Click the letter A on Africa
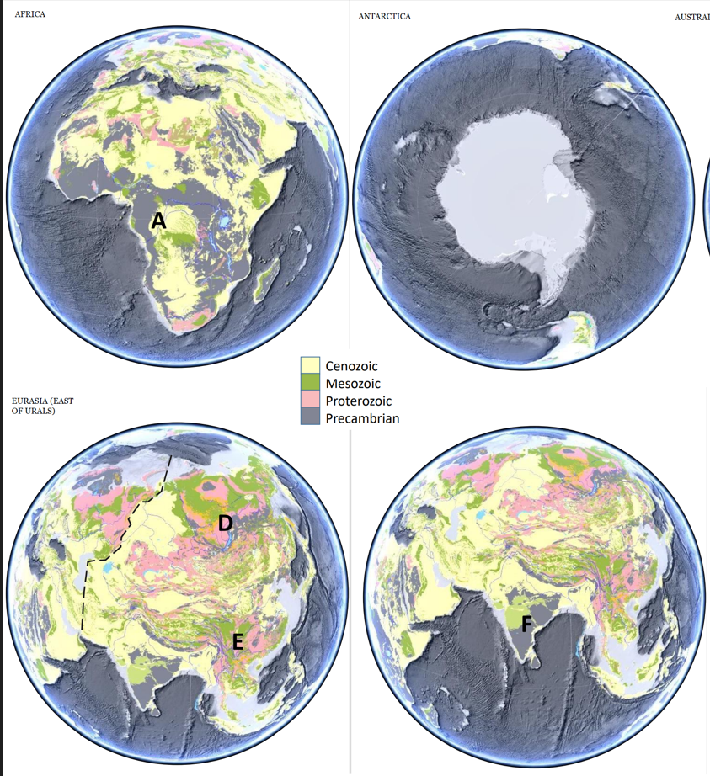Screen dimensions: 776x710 157,221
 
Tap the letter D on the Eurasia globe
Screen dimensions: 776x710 225,523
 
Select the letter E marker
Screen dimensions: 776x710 238,643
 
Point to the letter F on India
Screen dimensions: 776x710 526,624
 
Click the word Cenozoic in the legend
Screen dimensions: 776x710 351,366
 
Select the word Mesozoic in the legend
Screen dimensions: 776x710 352,384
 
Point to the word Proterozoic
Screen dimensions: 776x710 358,401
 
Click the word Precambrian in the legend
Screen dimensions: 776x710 362,418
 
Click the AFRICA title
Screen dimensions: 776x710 30,15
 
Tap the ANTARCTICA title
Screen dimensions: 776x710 384,16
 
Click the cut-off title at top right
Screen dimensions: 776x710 691,17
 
